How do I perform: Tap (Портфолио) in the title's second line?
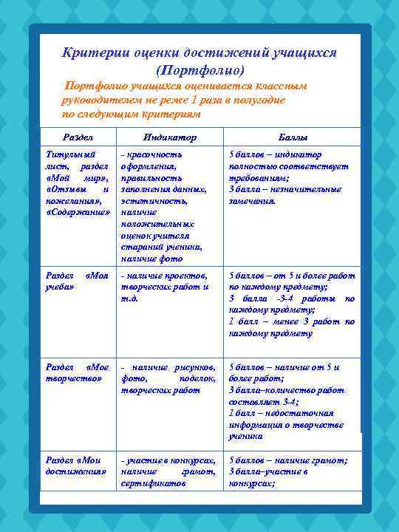[x=199, y=71]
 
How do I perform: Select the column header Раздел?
[x=78, y=137]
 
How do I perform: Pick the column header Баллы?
[x=293, y=137]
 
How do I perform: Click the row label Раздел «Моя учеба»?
[x=77, y=280]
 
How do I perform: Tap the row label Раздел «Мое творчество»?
[x=77, y=372]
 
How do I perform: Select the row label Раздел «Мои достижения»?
[x=77, y=465]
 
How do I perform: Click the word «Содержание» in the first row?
[x=77, y=212]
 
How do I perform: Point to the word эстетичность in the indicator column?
[x=151, y=200]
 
